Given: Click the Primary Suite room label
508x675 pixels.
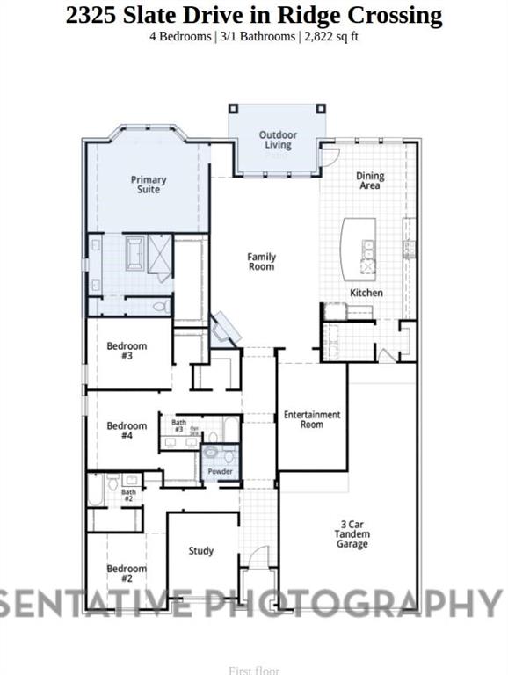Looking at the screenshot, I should [x=149, y=185].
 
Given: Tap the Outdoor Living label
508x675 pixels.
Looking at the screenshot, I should [x=278, y=140].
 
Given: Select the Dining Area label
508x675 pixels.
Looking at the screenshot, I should [x=370, y=181].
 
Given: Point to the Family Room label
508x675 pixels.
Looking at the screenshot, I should [x=261, y=261].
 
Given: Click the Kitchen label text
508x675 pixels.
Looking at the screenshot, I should [x=366, y=293].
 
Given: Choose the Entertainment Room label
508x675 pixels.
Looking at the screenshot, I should [x=311, y=419].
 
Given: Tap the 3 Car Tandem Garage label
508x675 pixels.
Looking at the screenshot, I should [x=352, y=533].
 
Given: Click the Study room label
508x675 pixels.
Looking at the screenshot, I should [x=201, y=551].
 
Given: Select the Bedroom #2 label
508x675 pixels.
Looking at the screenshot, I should [x=127, y=573].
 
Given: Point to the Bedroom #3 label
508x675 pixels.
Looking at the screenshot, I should [x=127, y=351].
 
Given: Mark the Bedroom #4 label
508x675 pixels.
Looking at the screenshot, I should [x=127, y=431].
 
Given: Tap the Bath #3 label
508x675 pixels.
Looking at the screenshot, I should [x=178, y=425].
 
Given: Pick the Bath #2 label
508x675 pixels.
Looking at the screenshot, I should [x=128, y=495].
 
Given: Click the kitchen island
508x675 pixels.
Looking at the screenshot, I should [x=360, y=247].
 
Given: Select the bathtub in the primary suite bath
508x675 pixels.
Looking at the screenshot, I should [x=136, y=255].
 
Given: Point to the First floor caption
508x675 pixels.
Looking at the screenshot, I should [x=254, y=670].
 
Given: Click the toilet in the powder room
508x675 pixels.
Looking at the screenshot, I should [x=229, y=456].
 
